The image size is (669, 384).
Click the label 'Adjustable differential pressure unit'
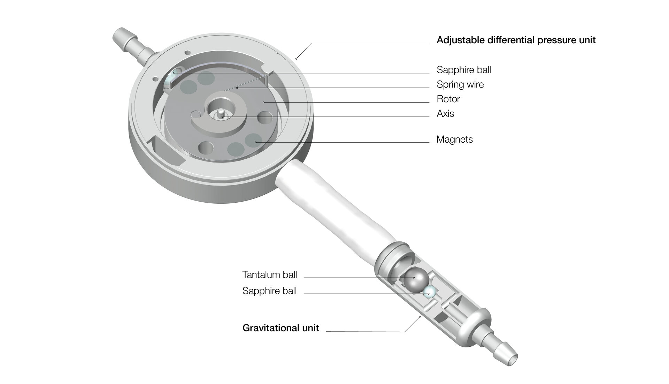(516, 40)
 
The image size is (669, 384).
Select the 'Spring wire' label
(460, 84)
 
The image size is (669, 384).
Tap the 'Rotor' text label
(448, 99)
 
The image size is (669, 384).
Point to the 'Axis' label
(445, 114)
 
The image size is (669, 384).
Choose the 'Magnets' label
(455, 140)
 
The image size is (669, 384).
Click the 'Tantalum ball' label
(270, 275)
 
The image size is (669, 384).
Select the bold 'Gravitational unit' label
(280, 328)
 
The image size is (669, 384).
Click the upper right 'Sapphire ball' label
(464, 70)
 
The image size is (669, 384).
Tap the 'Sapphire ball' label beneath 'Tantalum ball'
(270, 291)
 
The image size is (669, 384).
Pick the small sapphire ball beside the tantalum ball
(429, 293)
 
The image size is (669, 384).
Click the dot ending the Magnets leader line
(256, 142)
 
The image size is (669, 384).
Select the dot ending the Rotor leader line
(263, 102)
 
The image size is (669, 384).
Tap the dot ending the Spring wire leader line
(237, 88)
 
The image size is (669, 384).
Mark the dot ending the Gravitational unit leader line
(420, 317)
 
